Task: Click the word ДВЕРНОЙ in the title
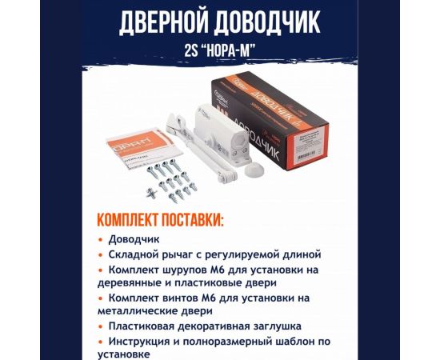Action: (x=161, y=24)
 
